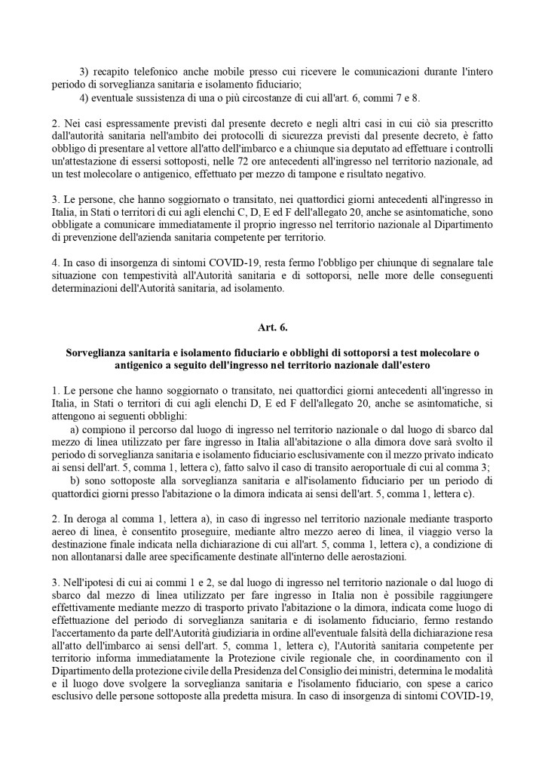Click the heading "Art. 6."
click(272, 328)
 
